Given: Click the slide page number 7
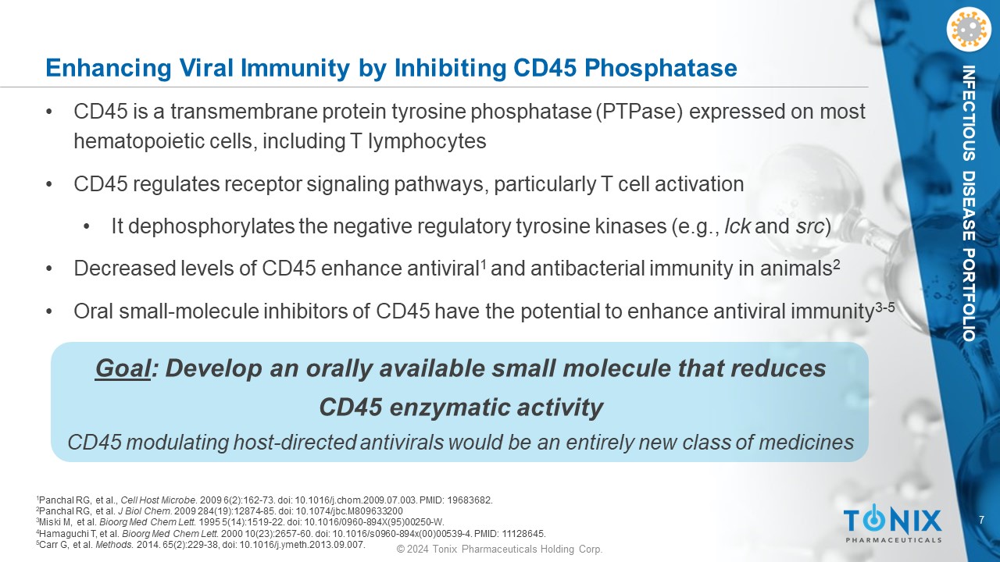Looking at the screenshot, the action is point(981,520).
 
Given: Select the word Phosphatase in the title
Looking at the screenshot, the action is point(661,68).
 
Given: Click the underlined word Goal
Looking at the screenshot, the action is point(123,369).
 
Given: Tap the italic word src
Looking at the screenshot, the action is point(810,226).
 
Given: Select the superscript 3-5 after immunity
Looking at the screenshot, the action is point(884,308).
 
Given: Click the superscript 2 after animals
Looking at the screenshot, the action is point(836,265).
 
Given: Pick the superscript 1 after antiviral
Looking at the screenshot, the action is point(483,265).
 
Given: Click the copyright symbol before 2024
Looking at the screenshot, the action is point(401,549).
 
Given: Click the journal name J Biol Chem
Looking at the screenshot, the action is point(145,511).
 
